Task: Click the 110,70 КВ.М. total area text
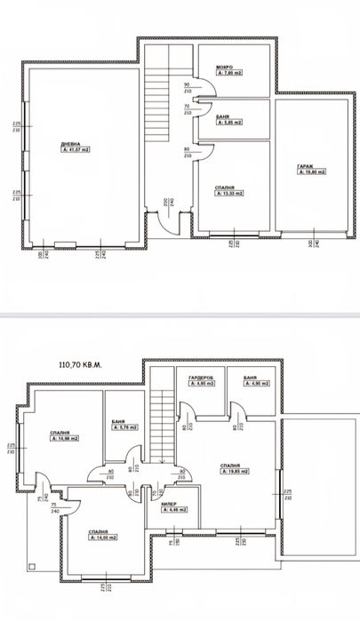pos(80,363)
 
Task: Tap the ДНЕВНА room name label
pos(70,144)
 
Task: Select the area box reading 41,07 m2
pos(77,151)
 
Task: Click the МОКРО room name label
pos(224,68)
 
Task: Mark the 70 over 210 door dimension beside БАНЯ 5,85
pos(188,108)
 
